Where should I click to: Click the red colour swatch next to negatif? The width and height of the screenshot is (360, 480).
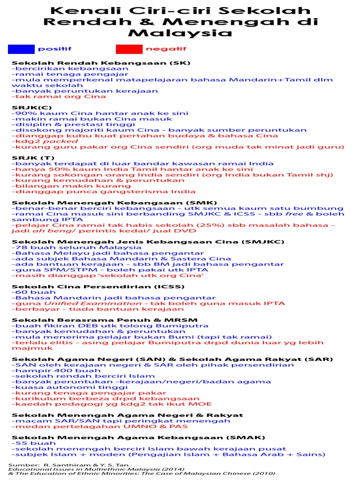point(129,49)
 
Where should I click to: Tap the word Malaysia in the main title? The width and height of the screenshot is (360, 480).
point(180,33)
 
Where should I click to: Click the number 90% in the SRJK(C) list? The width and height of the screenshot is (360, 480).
point(23,113)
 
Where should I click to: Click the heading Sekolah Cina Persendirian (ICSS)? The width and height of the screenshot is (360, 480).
point(98,287)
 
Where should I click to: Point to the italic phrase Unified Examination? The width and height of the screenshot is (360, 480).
point(64,304)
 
